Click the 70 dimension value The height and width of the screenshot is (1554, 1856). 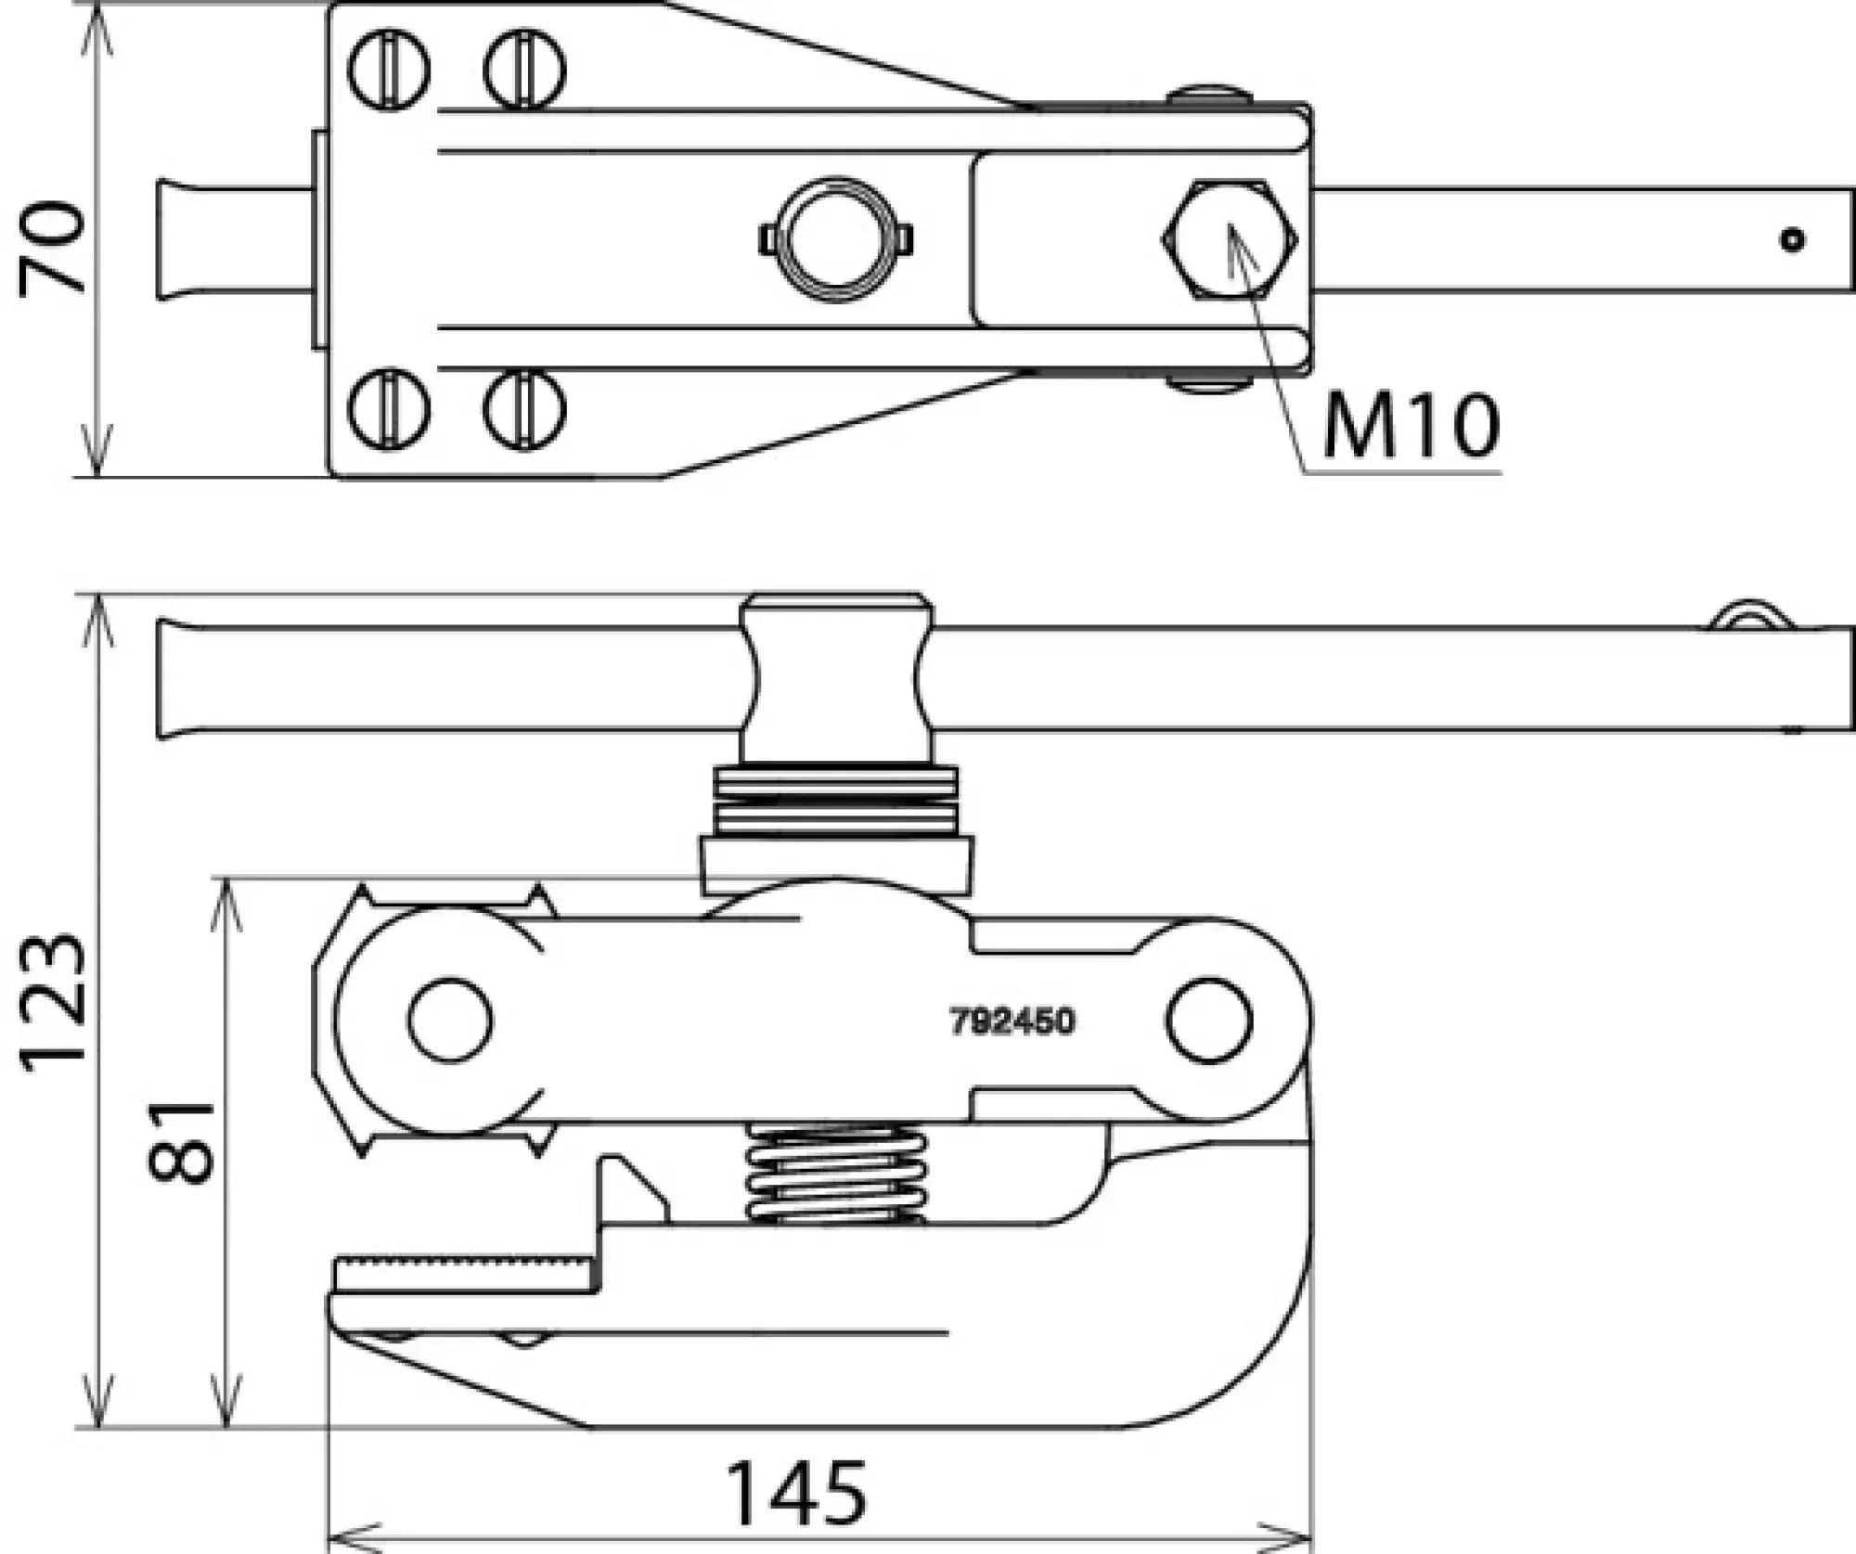pyautogui.click(x=54, y=246)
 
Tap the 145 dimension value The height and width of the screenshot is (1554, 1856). pyautogui.click(x=796, y=1494)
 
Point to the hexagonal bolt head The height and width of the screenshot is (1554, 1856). pyautogui.click(x=1229, y=239)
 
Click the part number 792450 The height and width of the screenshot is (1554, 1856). pyautogui.click(x=1012, y=1021)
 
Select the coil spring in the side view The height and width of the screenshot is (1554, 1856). pyautogui.click(x=835, y=1174)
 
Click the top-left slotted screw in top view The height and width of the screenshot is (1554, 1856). pyautogui.click(x=390, y=70)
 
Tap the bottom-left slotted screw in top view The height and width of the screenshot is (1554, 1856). pyautogui.click(x=390, y=409)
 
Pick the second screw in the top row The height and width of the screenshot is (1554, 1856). pyautogui.click(x=525, y=70)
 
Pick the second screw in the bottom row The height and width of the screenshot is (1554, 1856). pyautogui.click(x=525, y=409)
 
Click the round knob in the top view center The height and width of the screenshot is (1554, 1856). pyautogui.click(x=835, y=239)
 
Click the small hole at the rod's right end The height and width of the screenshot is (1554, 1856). pyautogui.click(x=1792, y=240)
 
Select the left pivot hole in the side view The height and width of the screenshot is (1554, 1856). pyautogui.click(x=450, y=1020)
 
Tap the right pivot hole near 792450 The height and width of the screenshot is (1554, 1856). pyautogui.click(x=1208, y=1020)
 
